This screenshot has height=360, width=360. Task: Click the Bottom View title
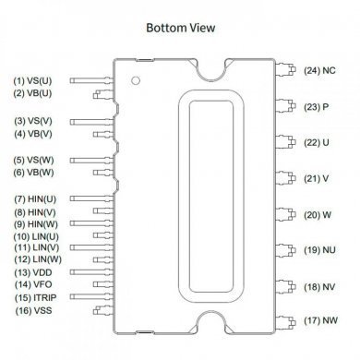[181, 27]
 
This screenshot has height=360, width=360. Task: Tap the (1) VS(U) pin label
[32, 81]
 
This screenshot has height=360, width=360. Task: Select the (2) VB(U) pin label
[32, 93]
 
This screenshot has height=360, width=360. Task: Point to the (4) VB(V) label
[32, 134]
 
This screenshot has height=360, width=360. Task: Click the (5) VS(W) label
[32, 161]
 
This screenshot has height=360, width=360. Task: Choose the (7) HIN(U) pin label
[35, 198]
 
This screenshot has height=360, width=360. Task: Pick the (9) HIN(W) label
[35, 223]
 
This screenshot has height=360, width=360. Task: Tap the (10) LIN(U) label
[35, 236]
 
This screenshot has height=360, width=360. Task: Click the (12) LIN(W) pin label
[35, 260]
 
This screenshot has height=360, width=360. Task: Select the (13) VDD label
[31, 273]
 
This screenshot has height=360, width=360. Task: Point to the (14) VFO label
[31, 286]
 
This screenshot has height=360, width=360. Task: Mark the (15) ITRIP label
[33, 299]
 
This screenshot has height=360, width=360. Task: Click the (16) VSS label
[31, 312]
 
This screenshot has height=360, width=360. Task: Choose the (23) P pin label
[318, 106]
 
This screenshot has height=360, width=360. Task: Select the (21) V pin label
[318, 178]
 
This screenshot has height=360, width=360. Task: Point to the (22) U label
[318, 142]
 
